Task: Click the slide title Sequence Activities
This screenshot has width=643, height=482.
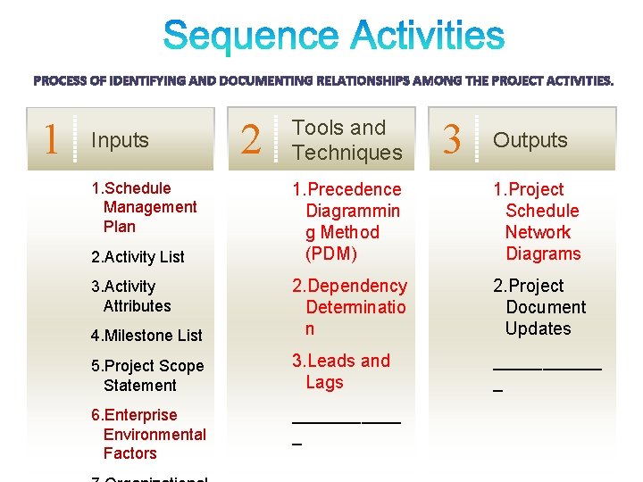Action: pos(334,37)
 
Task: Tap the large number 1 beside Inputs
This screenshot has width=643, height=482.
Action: pos(53,138)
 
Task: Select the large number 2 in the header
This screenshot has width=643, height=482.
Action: pos(253,141)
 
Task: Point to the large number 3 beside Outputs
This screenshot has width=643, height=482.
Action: pos(453,139)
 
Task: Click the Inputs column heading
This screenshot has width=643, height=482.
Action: pos(120,140)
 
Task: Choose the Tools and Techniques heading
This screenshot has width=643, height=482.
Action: pos(347,140)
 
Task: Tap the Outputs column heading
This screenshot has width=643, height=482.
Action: pos(530,140)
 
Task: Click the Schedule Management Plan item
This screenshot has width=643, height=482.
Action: pos(145,207)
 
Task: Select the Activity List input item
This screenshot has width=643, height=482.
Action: pos(138,257)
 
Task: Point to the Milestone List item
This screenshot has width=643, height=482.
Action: pos(146,336)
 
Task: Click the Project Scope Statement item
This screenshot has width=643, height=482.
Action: pos(147,376)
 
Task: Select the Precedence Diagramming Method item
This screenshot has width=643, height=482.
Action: pos(347,221)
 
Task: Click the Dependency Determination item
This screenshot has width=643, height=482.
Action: pos(350,307)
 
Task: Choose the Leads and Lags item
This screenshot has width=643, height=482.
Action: pos(342,371)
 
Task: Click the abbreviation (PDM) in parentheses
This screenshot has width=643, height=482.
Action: pos(330,253)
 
